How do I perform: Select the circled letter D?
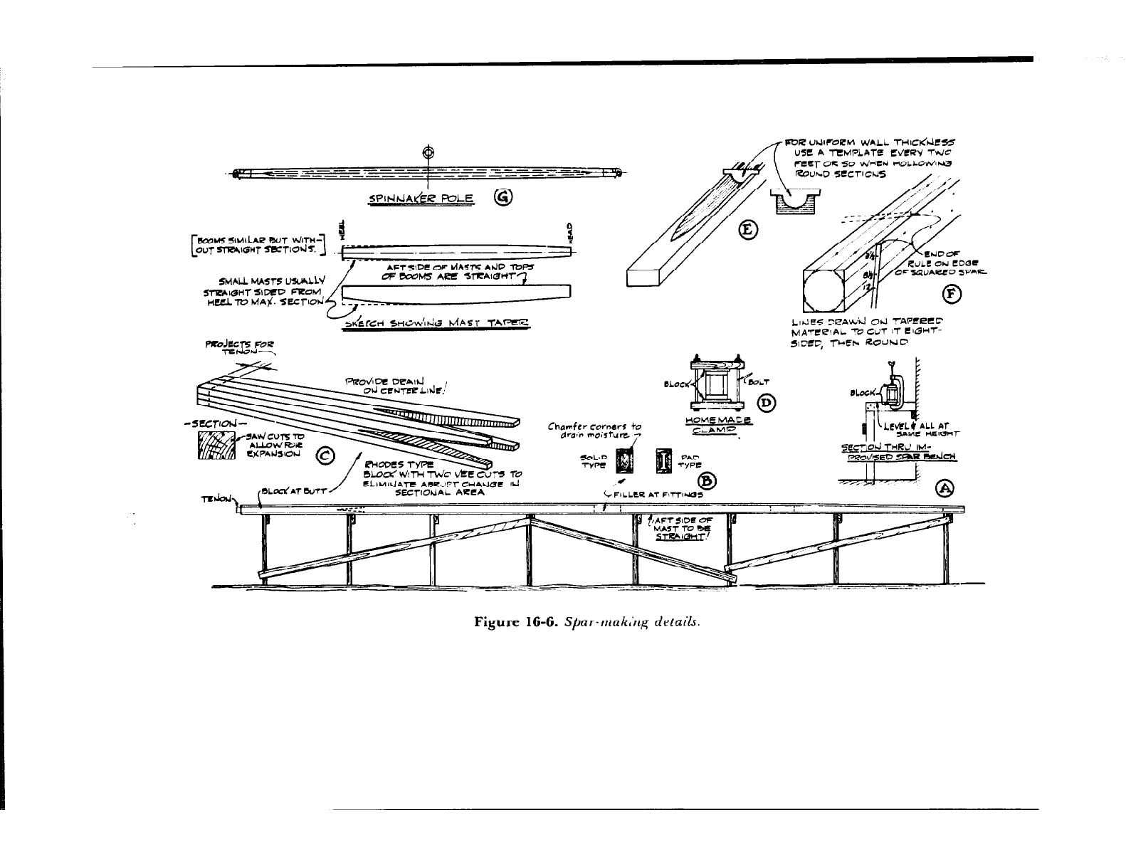(767, 404)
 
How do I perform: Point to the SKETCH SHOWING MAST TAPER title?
(438, 323)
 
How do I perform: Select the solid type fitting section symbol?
(627, 460)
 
